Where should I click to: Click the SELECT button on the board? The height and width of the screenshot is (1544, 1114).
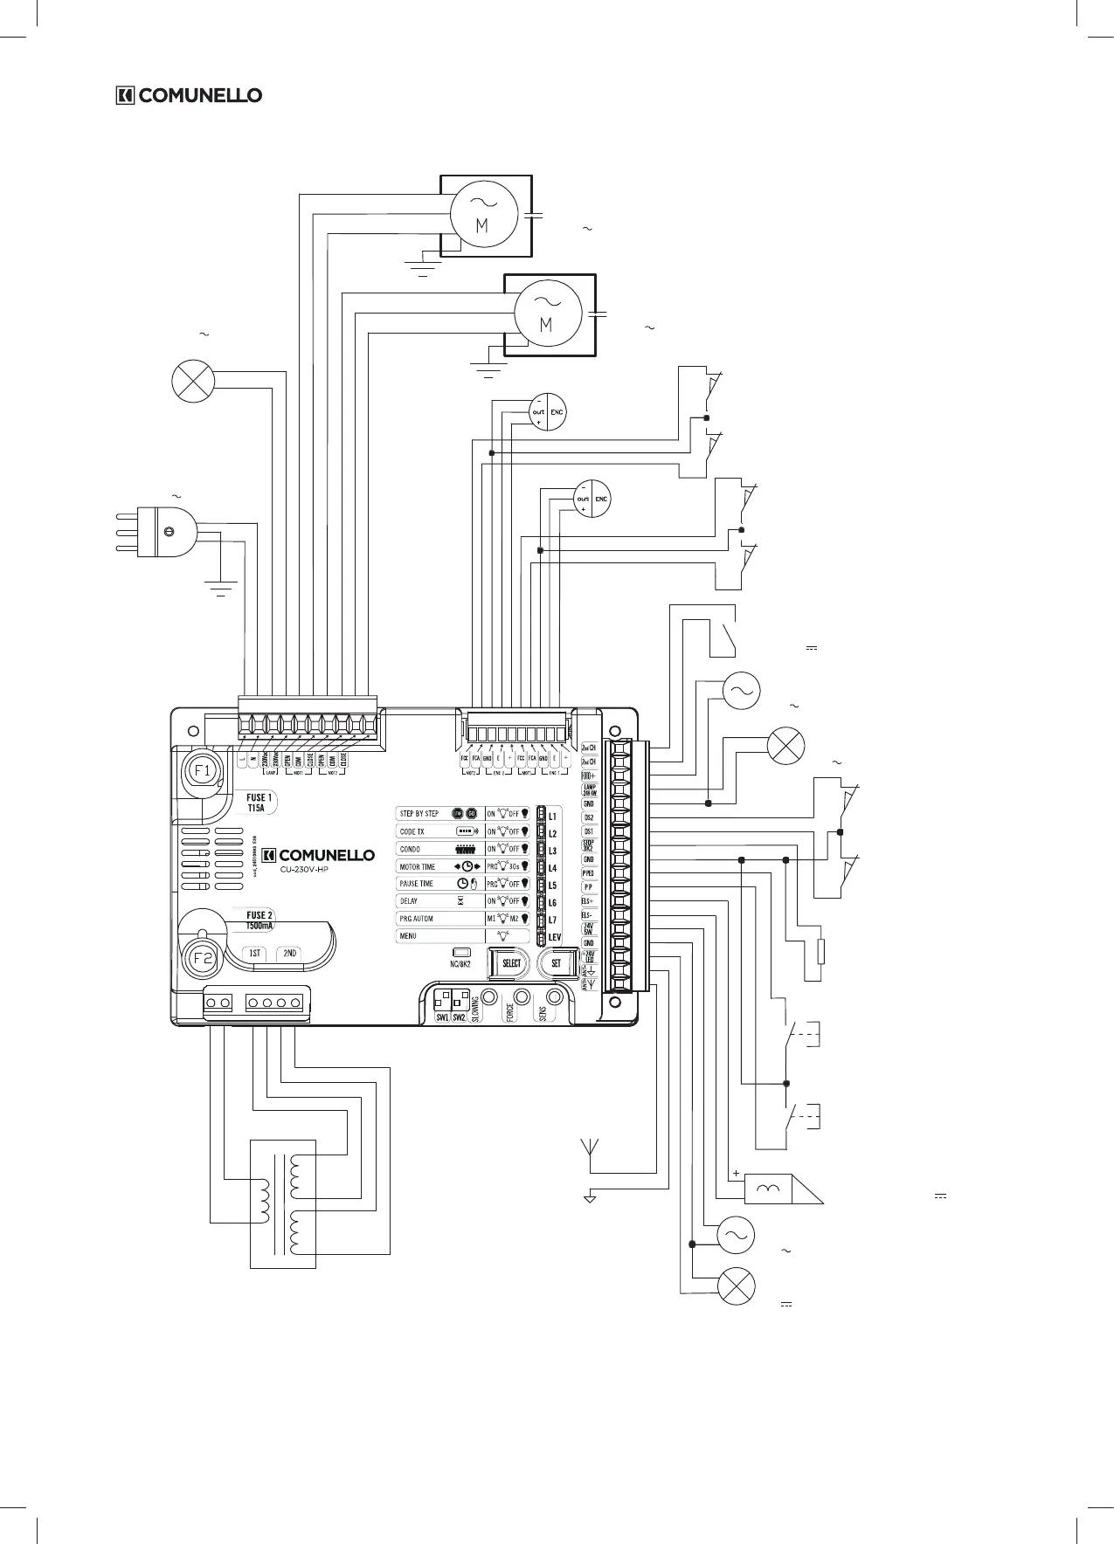[x=510, y=963]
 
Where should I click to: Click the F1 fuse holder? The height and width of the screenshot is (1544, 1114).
[x=202, y=771]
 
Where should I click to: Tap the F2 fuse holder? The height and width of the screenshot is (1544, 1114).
[x=202, y=957]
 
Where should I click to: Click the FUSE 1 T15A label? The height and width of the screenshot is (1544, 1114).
[x=258, y=803]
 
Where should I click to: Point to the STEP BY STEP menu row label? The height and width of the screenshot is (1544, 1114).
[x=419, y=814]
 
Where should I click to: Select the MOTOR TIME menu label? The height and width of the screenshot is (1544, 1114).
[x=417, y=866]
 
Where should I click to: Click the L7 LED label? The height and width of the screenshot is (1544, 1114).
[x=552, y=920]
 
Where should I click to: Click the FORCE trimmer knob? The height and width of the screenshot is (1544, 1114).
[x=522, y=996]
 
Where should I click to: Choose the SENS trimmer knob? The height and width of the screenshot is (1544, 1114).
[x=553, y=996]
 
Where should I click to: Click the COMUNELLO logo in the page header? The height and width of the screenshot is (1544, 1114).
[x=190, y=95]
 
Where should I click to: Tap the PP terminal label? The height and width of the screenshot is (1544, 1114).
[x=589, y=886]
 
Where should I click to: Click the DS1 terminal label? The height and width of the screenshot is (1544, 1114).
[x=589, y=831]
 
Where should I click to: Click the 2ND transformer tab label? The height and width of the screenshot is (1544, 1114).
[x=290, y=954]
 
